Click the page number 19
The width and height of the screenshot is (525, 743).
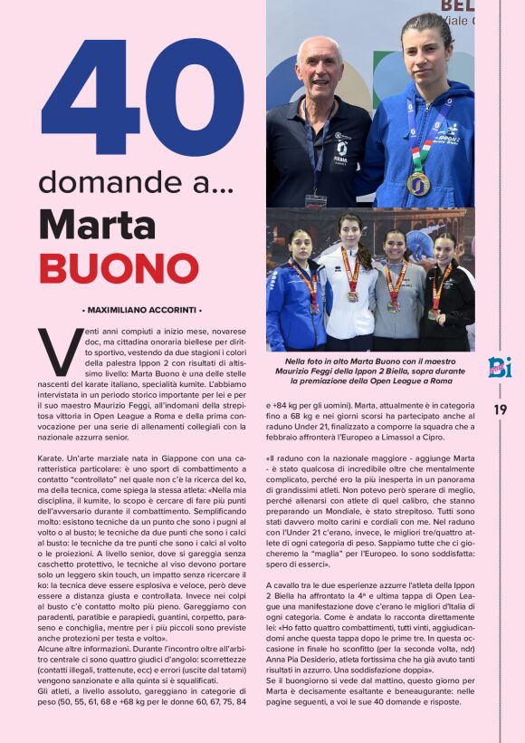point(501,410)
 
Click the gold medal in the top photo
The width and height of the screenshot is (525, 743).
point(418,184)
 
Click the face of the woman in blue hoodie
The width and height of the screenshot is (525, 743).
point(425,54)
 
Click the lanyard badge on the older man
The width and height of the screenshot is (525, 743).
point(316,199)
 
